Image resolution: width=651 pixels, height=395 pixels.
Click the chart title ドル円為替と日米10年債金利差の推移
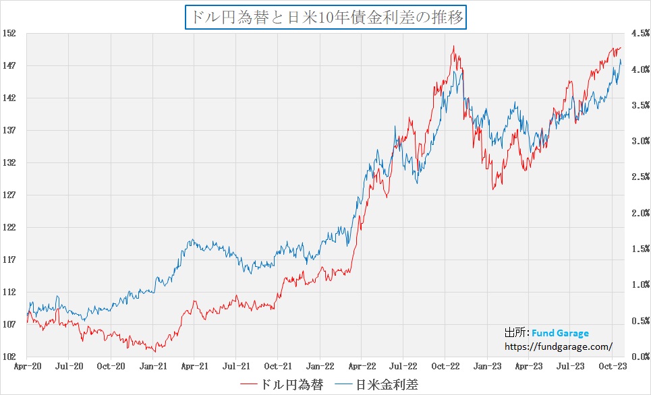point(325,17)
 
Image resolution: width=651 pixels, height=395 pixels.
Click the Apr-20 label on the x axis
point(27,366)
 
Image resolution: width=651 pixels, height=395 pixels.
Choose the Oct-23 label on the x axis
point(611,366)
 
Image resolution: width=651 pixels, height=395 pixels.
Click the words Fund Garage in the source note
point(560,333)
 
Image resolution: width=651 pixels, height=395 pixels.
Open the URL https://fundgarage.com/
point(559,346)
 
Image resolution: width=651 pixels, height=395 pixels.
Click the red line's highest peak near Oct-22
point(454,47)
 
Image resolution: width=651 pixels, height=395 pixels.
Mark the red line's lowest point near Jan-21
point(155,351)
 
